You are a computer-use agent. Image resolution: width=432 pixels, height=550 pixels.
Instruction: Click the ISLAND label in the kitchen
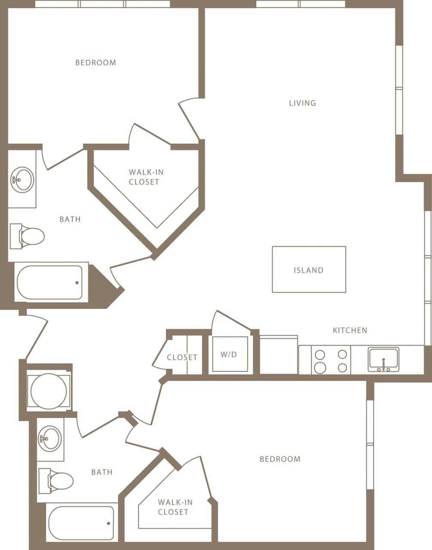tap(308, 270)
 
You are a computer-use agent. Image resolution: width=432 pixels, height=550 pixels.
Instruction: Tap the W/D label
tap(229, 354)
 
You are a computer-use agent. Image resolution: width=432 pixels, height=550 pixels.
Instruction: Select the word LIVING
tap(302, 103)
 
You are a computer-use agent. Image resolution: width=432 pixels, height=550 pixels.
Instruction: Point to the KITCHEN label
tap(350, 330)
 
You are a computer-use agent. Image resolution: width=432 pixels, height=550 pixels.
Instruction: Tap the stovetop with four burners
tap(331, 361)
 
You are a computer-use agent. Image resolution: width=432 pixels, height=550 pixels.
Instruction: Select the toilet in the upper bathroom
tap(28, 236)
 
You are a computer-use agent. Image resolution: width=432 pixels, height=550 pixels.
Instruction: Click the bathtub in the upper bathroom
tap(49, 283)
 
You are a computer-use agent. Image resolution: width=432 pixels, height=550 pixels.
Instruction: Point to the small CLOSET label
tap(182, 357)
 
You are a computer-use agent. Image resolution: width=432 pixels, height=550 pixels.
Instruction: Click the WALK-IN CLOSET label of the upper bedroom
tap(146, 177)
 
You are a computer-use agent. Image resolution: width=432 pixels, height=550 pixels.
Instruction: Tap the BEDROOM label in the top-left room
tap(95, 63)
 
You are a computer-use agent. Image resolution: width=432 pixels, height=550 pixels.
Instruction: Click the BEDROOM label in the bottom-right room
tap(280, 459)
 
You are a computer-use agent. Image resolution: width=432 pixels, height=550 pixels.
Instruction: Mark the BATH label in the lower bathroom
tap(102, 472)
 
